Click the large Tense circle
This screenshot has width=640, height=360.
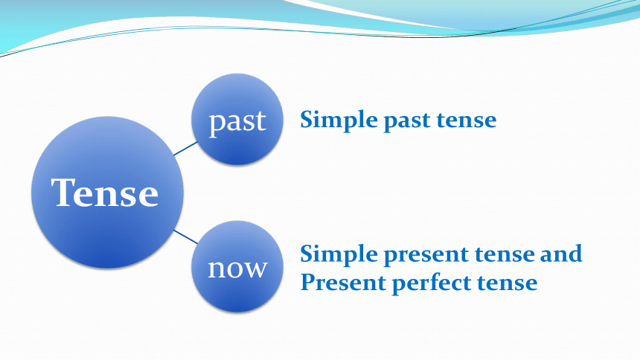click(107, 192)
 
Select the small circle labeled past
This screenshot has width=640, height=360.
click(237, 119)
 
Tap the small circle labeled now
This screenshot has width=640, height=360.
click(237, 266)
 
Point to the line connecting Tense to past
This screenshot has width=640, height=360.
click(185, 149)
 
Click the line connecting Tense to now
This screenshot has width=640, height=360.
click(185, 237)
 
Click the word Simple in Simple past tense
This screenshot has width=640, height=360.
click(339, 120)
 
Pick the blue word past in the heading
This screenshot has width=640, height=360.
click(407, 121)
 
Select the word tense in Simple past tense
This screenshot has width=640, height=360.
click(467, 120)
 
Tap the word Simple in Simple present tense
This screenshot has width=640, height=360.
click(339, 254)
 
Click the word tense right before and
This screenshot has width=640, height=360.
click(505, 254)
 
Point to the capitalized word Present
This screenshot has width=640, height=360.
click(343, 282)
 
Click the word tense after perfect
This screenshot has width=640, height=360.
click(508, 283)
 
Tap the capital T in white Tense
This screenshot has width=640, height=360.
click(65, 192)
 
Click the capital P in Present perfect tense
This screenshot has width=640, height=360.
click(309, 282)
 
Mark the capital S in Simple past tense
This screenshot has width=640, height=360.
click(308, 120)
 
